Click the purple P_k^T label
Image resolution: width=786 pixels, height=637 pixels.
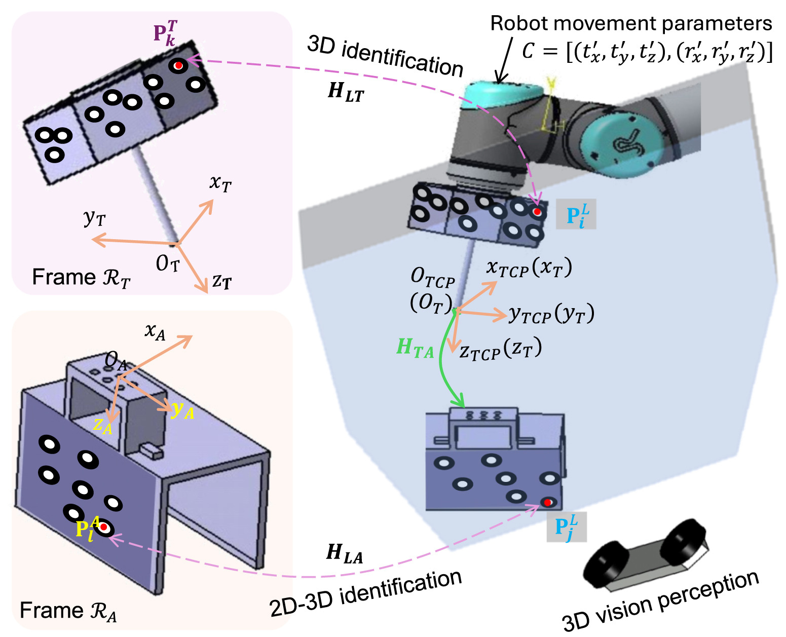click(x=165, y=33)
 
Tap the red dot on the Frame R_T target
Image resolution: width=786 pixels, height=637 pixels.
click(x=178, y=65)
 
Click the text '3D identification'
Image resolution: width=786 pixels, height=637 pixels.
click(x=385, y=58)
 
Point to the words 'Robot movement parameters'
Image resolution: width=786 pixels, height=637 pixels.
click(x=631, y=23)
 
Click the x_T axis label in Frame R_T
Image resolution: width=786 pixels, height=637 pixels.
click(x=220, y=183)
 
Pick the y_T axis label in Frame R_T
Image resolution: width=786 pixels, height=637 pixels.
click(x=95, y=218)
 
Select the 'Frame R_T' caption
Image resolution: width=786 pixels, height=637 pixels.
click(x=81, y=278)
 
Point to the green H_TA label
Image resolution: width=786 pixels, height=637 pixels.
click(x=415, y=349)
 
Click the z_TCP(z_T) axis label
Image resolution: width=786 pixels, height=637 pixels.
click(x=501, y=350)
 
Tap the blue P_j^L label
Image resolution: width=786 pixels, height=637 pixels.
click(x=567, y=527)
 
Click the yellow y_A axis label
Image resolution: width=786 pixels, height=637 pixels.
click(x=182, y=410)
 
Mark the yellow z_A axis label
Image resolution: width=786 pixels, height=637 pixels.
click(x=102, y=426)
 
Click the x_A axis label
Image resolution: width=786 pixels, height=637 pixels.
click(x=155, y=331)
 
